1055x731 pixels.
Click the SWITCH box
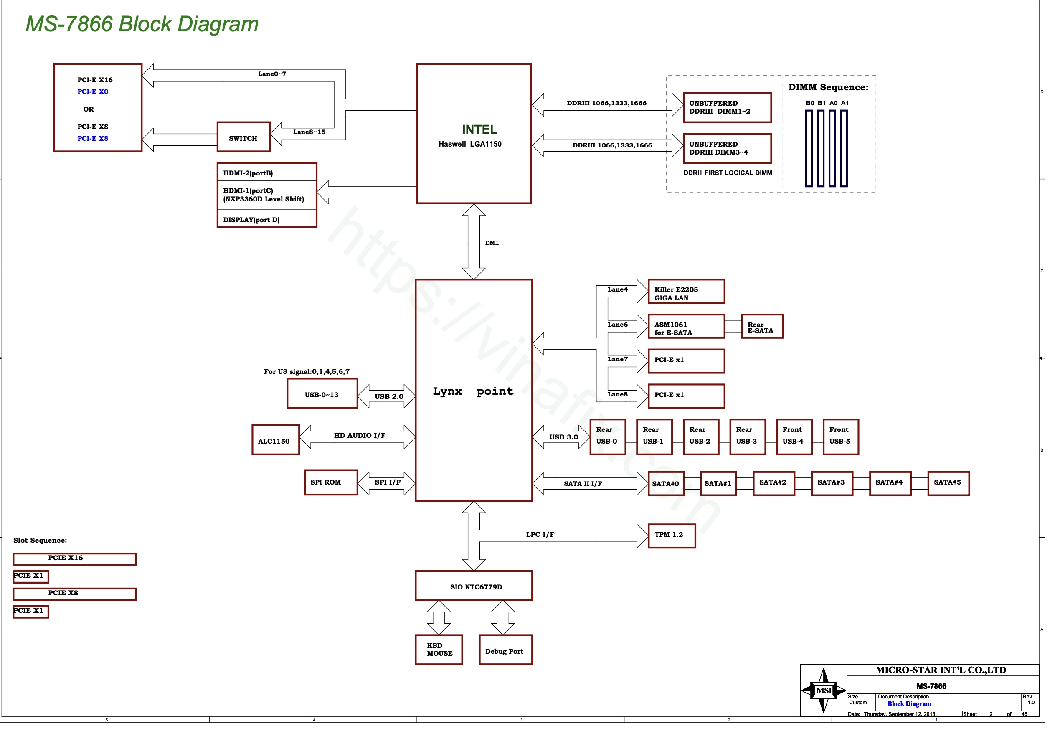[x=243, y=137]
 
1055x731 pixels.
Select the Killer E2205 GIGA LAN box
[x=686, y=291]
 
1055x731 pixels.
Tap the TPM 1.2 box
[x=671, y=536]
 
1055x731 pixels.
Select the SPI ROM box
[x=331, y=482]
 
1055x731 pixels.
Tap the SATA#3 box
[x=831, y=483]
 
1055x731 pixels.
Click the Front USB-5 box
[x=840, y=437]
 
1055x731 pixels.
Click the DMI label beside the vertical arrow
[x=492, y=243]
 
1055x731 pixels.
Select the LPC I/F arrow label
[x=540, y=534]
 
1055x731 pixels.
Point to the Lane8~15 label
[x=309, y=132]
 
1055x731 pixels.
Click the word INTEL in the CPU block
[x=479, y=129]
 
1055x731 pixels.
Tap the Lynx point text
[x=473, y=391]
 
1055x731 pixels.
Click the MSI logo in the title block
[x=823, y=690]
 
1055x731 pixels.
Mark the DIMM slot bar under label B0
[x=809, y=148]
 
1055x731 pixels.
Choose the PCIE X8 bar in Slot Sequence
[x=74, y=594]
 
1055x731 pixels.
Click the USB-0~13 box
[x=322, y=393]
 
